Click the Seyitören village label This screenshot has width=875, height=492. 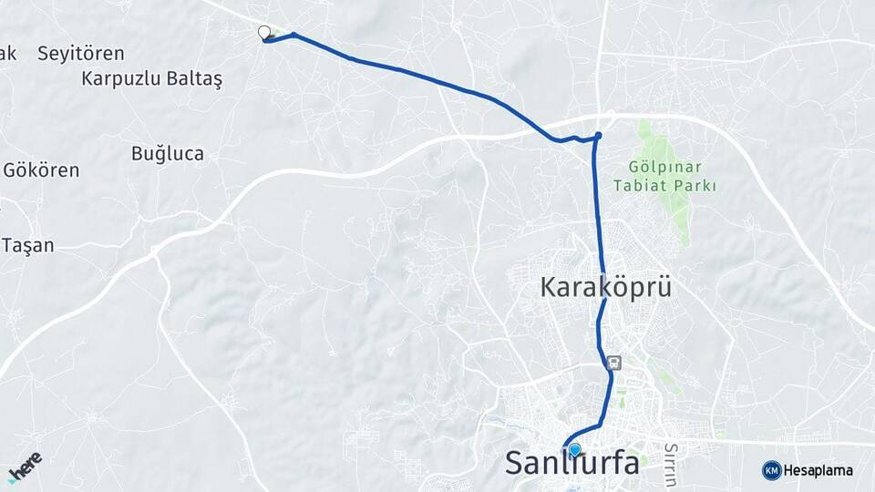point(80,54)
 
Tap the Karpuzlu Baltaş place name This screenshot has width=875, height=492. point(151,78)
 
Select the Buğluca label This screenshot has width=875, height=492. point(167,153)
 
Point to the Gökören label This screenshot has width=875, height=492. point(41,170)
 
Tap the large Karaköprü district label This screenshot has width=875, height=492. point(605,287)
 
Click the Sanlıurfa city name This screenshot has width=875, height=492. point(571,463)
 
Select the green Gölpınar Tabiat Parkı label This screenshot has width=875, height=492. point(672,177)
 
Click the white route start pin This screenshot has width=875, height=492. point(264,33)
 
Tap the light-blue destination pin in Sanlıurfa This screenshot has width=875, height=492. point(575,448)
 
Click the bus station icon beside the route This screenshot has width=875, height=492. point(615,363)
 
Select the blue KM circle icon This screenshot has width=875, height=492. point(771,470)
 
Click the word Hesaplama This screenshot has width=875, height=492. point(818,471)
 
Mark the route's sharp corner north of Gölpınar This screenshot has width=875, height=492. point(598,137)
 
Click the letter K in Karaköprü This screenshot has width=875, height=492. point(550,287)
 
